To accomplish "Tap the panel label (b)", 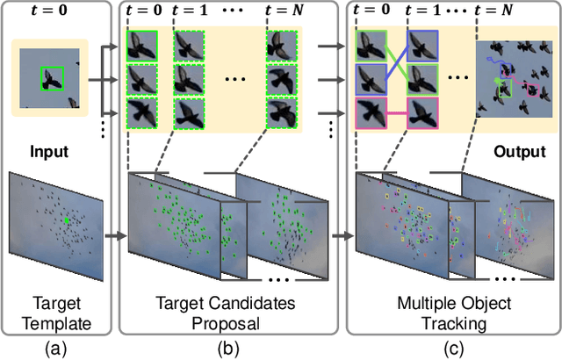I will pyautogui.click(x=229, y=346).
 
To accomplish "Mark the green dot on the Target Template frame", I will pyautogui.click(x=65, y=220).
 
